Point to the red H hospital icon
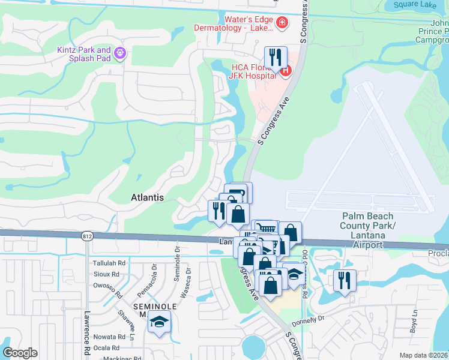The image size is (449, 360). (285, 71)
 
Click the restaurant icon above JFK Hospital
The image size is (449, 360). (276, 57)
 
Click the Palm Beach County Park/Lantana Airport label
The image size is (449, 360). (367, 230)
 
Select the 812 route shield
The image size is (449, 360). (88, 236)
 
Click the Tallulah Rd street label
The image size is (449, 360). (109, 263)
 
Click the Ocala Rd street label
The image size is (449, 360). (112, 347)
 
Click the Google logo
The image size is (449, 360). (20, 353)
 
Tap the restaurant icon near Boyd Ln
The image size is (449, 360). (345, 280)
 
